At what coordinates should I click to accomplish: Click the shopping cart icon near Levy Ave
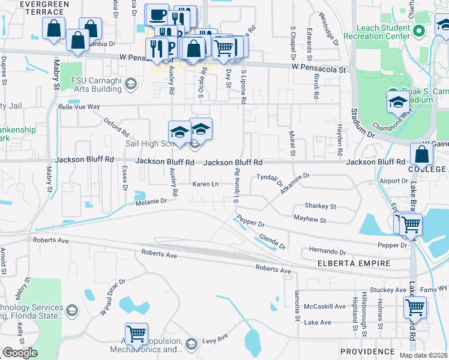[x=136, y=334]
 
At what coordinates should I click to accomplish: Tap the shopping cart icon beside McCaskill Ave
[x=415, y=308]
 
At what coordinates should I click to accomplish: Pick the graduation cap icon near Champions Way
[x=398, y=103]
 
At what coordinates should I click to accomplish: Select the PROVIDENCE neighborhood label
[x=367, y=351]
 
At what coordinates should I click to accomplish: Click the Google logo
[x=20, y=353]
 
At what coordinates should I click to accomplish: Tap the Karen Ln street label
[x=205, y=184]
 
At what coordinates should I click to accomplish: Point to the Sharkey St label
[x=320, y=206]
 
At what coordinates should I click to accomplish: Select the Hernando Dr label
[x=328, y=250]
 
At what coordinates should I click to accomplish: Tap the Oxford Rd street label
[x=116, y=127]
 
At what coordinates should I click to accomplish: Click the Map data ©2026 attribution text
[x=423, y=355]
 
